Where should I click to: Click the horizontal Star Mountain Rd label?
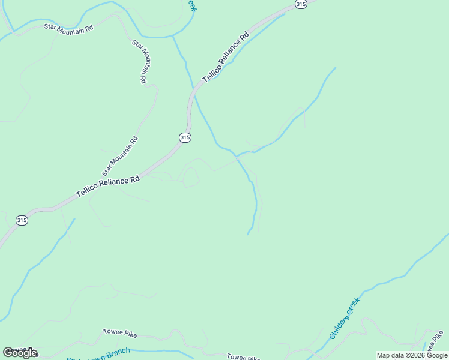(69, 28)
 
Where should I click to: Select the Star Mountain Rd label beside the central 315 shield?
(120, 153)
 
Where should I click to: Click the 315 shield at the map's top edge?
(301, 4)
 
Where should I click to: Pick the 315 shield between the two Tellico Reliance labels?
(185, 137)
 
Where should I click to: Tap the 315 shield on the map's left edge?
(22, 220)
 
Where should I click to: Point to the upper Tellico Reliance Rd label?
(225, 59)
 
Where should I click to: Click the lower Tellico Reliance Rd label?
(108, 187)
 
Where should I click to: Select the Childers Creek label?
(345, 319)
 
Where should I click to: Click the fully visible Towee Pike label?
(121, 331)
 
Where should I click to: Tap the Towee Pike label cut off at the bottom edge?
(243, 356)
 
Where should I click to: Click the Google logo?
(20, 353)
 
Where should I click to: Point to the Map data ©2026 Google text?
(412, 355)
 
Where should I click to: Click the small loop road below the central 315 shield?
(191, 176)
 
